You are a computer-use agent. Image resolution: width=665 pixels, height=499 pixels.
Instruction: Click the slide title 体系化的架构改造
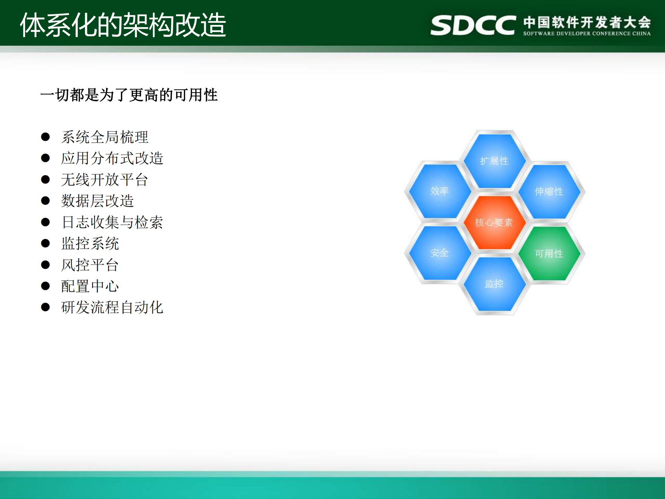tap(123, 25)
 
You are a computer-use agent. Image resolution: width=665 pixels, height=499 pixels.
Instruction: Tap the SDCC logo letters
tap(473, 25)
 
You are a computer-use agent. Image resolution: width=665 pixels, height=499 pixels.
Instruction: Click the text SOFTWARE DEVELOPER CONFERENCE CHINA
tap(587, 34)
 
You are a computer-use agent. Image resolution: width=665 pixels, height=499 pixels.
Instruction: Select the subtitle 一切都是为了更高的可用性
tap(129, 95)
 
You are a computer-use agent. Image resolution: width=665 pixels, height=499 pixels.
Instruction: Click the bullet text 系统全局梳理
tap(105, 137)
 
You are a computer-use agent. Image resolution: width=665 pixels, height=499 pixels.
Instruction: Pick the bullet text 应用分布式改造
tap(112, 158)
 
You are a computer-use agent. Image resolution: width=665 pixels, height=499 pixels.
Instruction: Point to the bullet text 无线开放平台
tap(105, 180)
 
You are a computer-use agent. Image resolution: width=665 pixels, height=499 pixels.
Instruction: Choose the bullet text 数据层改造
tap(97, 201)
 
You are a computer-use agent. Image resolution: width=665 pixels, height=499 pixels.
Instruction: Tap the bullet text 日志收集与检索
tap(112, 222)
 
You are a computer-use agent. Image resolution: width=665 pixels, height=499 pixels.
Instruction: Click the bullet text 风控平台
tap(90, 265)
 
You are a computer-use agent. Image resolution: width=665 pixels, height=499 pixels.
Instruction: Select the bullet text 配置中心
tap(90, 286)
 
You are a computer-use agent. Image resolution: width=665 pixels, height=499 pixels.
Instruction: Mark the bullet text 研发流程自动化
tap(112, 307)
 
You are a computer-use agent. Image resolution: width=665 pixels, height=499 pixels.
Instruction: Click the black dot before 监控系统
tap(45, 243)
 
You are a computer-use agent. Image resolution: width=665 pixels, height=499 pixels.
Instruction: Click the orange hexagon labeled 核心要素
tap(494, 222)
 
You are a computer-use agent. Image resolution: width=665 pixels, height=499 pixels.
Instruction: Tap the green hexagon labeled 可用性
tap(549, 253)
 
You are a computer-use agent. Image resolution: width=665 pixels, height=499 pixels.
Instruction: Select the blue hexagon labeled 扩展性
tap(494, 161)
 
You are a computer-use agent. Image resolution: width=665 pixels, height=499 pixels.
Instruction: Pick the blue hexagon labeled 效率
tap(439, 191)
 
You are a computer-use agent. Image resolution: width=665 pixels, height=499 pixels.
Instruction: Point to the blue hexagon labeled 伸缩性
tap(549, 191)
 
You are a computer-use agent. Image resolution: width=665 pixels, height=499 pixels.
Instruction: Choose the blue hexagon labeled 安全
tap(439, 253)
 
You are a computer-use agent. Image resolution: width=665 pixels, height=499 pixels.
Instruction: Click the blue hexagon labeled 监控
tap(494, 284)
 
